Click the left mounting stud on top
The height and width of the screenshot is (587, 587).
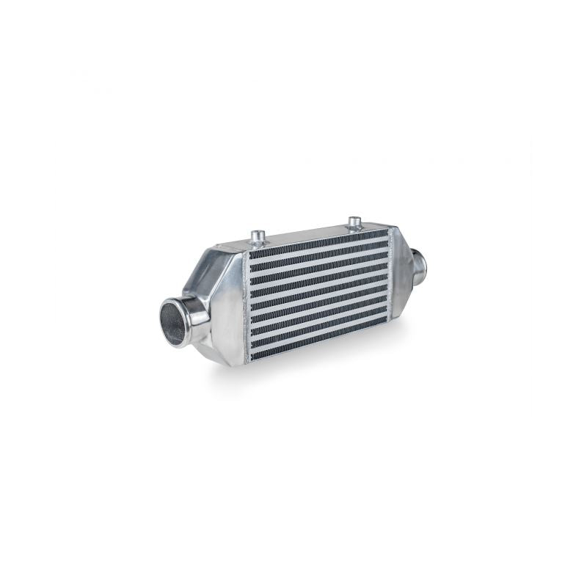point(258,236)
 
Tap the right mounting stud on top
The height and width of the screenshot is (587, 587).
point(355,222)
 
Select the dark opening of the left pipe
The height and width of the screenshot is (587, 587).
point(173,324)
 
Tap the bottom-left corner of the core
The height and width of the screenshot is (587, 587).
point(251,360)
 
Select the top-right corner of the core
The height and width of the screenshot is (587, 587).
point(386,230)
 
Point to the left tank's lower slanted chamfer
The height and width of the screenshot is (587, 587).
point(220,352)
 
